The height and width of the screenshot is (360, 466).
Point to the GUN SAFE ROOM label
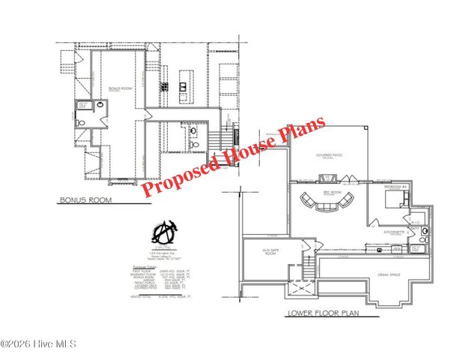click(x=270, y=252)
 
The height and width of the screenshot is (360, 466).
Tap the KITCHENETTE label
click(x=394, y=233)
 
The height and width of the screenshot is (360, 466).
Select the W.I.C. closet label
click(x=414, y=222)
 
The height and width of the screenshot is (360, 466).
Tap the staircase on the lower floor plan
click(x=307, y=264)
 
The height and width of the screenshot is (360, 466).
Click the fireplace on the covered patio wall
click(x=327, y=178)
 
